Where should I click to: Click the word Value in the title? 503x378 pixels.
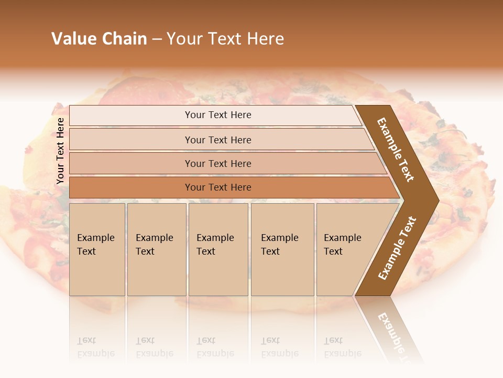point(74,39)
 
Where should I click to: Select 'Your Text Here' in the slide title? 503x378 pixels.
point(225,39)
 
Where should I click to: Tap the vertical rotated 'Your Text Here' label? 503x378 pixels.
point(60,151)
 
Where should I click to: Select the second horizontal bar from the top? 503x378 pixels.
point(218,140)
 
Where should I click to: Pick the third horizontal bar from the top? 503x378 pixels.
point(218,164)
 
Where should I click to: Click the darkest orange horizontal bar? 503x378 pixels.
point(218,187)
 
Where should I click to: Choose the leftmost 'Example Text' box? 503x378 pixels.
point(97,249)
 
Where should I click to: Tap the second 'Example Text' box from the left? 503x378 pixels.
point(157,249)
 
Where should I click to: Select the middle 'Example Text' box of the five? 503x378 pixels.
point(218,249)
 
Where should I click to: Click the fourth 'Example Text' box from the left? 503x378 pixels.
point(282,249)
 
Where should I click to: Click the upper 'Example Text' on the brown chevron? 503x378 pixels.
point(396,150)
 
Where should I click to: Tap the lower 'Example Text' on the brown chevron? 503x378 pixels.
point(397,248)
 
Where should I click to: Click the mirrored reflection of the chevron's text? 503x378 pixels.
point(396,336)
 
